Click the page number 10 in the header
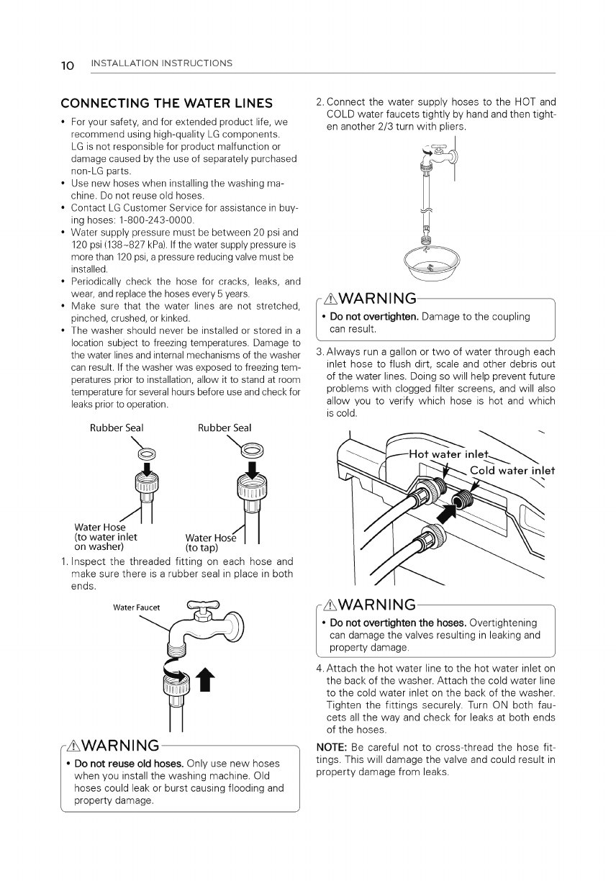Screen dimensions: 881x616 68,65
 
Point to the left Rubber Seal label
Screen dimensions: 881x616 117,428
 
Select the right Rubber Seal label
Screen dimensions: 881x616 225,428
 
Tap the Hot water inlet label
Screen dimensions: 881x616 449,454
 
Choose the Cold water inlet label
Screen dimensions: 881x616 512,471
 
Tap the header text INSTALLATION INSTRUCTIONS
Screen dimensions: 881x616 162,63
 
